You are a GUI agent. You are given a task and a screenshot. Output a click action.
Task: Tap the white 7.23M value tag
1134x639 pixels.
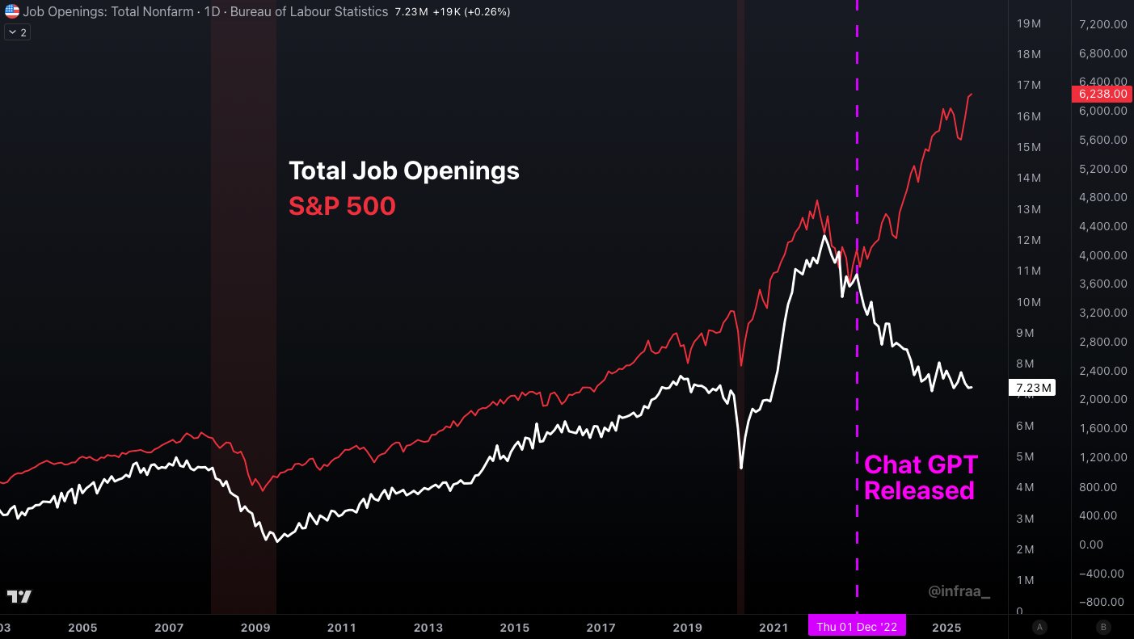[x=1032, y=389]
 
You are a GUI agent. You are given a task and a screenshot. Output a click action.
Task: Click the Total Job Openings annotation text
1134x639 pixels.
[x=404, y=171]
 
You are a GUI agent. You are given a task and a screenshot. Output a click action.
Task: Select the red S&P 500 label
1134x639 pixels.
[x=343, y=207]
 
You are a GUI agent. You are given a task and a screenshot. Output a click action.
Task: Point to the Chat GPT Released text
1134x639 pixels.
[x=921, y=477]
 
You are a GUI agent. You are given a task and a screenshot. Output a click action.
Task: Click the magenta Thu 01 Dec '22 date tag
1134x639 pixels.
[x=858, y=626]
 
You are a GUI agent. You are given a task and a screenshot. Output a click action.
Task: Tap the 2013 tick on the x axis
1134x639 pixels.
[x=428, y=627]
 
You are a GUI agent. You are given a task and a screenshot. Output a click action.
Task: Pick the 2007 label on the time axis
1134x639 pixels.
[x=169, y=627]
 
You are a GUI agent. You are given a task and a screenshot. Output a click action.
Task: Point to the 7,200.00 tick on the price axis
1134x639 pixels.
[x=1102, y=24]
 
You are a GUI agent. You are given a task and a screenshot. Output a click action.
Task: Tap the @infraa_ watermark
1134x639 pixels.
[x=959, y=592]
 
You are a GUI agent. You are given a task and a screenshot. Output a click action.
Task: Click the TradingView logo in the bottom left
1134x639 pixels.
[x=19, y=597]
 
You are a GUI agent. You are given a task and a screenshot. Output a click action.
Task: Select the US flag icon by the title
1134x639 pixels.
[x=12, y=12]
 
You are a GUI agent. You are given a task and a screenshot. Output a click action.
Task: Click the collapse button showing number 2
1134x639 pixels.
[x=17, y=32]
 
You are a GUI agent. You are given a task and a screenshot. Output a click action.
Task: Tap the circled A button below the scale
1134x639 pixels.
[x=1039, y=627]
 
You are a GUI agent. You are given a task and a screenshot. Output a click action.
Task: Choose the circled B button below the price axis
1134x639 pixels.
[x=1102, y=627]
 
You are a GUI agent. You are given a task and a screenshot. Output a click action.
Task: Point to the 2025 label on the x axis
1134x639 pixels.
[x=945, y=627]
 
